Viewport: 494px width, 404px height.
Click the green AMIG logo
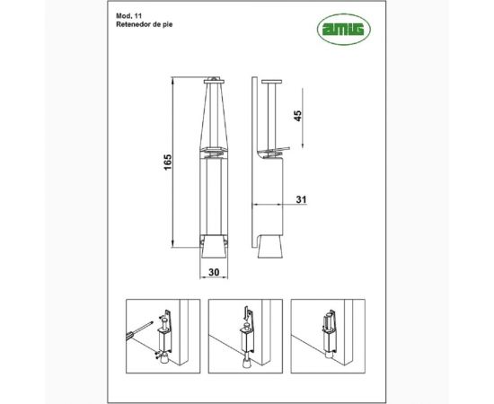click(x=345, y=31)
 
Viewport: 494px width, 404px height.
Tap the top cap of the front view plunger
click(x=214, y=80)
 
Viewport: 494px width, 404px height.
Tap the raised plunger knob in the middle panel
click(x=243, y=315)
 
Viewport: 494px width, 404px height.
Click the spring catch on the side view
click(x=273, y=147)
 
